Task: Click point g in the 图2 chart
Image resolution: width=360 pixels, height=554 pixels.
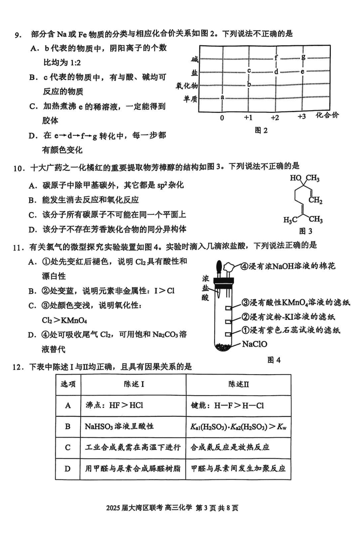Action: point(303,57)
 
